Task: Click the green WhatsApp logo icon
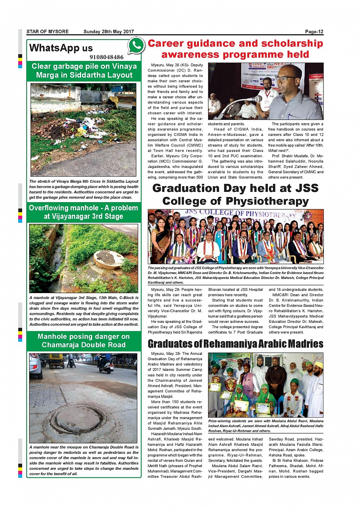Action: coord(136,46)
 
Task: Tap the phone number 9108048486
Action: coord(106,57)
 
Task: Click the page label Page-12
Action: coord(314,32)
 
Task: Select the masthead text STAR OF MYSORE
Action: coord(48,32)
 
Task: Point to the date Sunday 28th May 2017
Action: coord(109,32)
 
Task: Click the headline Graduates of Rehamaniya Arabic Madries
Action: coord(235,344)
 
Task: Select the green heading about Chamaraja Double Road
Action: coord(83,341)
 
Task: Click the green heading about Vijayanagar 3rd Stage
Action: coord(83,212)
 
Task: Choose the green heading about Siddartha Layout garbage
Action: coord(84,71)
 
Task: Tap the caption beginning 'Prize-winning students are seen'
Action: coord(266,426)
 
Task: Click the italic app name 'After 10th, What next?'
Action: coord(296,148)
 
